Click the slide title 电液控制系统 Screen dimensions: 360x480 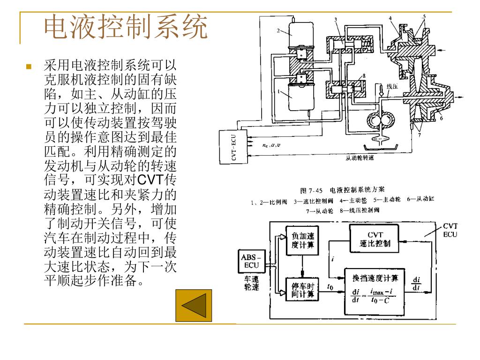point(125,28)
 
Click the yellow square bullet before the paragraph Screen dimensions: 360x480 point(30,67)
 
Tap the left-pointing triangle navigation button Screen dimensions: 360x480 point(193,306)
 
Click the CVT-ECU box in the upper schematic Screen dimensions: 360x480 point(234,147)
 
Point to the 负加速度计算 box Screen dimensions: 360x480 point(303,240)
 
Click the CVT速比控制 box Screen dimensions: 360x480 point(374,240)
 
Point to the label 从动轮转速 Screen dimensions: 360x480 point(360,158)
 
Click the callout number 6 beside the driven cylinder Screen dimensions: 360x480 point(441,118)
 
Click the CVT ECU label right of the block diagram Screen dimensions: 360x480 point(450,230)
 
